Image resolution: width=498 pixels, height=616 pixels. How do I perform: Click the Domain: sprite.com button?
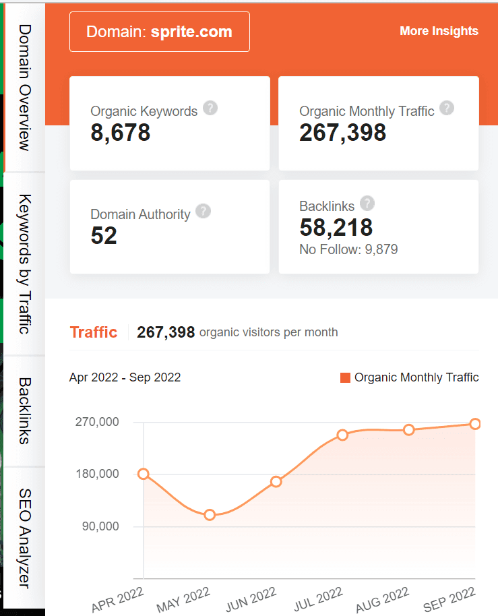tap(159, 32)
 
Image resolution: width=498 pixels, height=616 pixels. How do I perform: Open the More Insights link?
tap(439, 31)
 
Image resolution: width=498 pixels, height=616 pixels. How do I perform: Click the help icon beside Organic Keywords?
tap(210, 108)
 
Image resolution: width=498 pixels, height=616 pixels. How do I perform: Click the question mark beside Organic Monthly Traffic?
tap(447, 108)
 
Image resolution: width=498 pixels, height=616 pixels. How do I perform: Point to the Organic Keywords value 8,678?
tap(121, 132)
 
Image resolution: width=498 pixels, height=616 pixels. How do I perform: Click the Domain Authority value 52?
tap(104, 235)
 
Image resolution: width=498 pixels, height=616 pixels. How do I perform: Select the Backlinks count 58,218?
tap(336, 227)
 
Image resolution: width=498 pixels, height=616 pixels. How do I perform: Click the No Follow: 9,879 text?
tap(348, 250)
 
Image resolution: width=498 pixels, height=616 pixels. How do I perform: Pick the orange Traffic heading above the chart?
tap(94, 332)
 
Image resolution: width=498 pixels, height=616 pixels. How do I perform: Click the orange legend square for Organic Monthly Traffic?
tap(345, 378)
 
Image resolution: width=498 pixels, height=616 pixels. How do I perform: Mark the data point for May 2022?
tap(210, 515)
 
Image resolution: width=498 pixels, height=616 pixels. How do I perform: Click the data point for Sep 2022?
tap(475, 424)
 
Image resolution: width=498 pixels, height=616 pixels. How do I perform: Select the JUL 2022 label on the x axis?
tap(319, 598)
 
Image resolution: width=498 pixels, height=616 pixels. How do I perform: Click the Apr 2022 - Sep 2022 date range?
tap(125, 377)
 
